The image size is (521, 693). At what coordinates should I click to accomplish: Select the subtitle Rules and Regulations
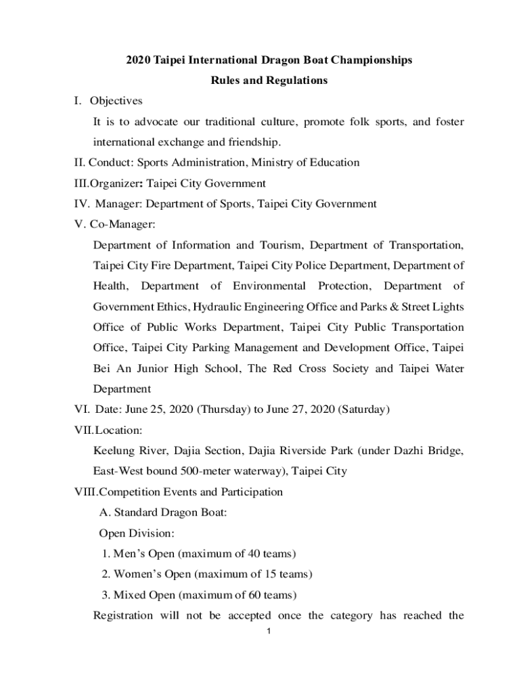pos(269,81)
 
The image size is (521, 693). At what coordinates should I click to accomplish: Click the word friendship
pos(256,143)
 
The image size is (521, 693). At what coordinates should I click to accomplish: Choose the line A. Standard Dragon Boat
pos(163,513)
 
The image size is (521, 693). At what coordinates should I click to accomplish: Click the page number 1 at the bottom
pos(269,633)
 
